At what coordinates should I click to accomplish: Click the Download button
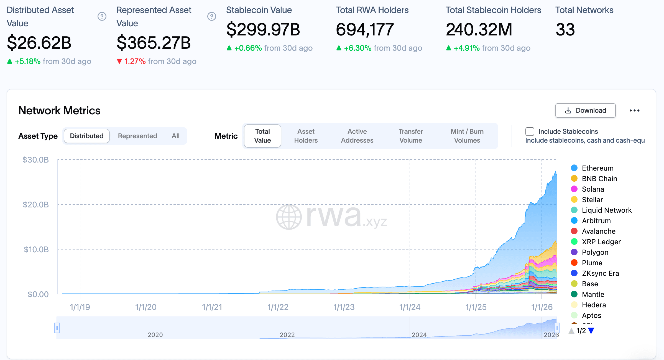pos(585,110)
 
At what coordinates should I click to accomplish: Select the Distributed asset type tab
pos(86,136)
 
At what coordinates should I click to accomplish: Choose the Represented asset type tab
pos(137,136)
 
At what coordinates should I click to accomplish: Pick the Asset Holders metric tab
pos(306,136)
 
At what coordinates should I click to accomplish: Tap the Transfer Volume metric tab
pos(410,136)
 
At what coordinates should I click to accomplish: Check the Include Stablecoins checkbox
pos(530,132)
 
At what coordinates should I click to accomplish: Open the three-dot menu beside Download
pos(634,110)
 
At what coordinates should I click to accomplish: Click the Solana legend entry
pos(593,189)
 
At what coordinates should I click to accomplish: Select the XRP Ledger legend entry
pos(601,242)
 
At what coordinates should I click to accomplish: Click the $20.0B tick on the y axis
pos(36,205)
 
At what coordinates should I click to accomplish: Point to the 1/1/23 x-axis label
pos(344,307)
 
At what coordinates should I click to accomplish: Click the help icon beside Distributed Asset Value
pos(102,17)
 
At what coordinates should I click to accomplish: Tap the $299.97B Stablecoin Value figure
pos(263,30)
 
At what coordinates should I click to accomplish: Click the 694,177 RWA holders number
pos(365,30)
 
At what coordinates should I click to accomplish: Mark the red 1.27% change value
pos(135,61)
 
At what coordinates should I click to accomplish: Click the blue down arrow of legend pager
pos(591,331)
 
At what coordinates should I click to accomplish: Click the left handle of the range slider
pos(57,328)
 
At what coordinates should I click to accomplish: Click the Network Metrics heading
pos(59,110)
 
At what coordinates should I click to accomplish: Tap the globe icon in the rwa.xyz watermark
pos(289,217)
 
